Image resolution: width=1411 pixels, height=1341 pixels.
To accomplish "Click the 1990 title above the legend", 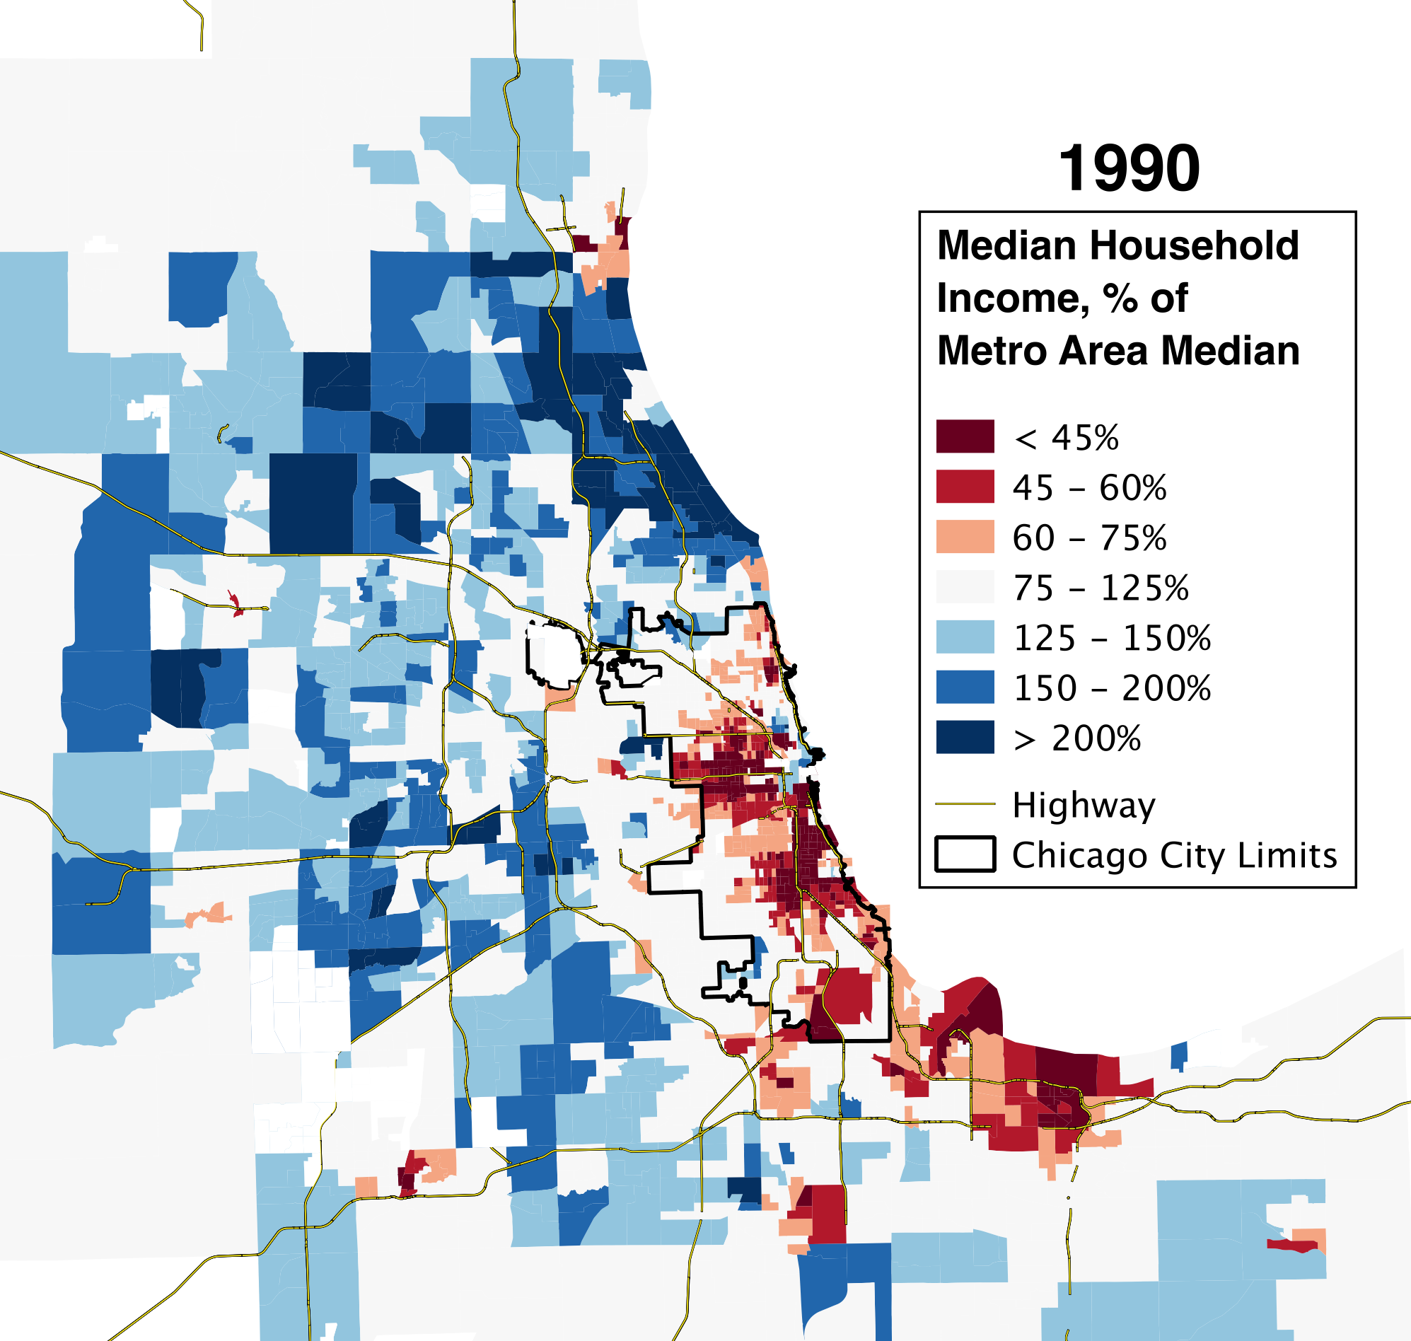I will tap(1129, 169).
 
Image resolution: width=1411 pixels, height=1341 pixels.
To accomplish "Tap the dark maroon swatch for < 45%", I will tap(965, 436).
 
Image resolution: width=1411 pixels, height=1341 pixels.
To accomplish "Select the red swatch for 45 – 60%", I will tap(965, 486).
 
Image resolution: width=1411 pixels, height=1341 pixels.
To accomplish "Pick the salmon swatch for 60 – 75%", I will tap(965, 536).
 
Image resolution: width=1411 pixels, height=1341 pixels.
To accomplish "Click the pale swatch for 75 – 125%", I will tap(965, 587).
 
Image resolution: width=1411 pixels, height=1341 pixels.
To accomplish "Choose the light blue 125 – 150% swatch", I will tap(965, 637).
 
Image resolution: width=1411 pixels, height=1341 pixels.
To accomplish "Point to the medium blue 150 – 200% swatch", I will tap(965, 687).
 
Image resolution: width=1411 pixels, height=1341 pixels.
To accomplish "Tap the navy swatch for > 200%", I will tap(965, 737).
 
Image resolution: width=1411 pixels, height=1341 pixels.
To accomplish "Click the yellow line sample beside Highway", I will tap(965, 803).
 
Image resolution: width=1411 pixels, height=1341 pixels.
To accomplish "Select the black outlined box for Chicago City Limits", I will tap(965, 854).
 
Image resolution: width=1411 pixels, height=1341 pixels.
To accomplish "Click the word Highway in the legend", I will tap(1084, 806).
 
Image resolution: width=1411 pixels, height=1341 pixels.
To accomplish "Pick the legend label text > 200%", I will tap(1077, 738).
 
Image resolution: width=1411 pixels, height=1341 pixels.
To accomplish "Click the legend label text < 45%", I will tap(1067, 438).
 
